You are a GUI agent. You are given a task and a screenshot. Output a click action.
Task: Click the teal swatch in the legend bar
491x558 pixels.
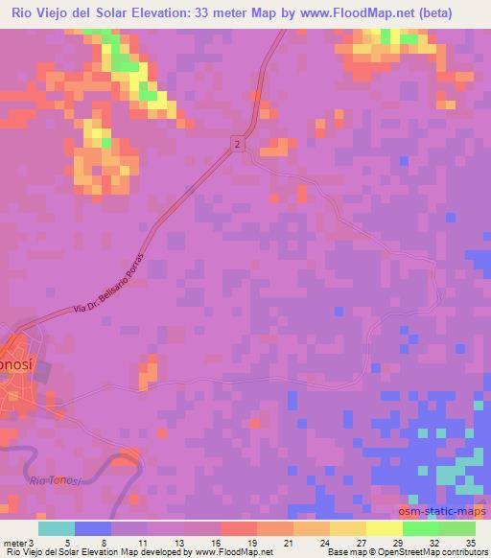[57, 528]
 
